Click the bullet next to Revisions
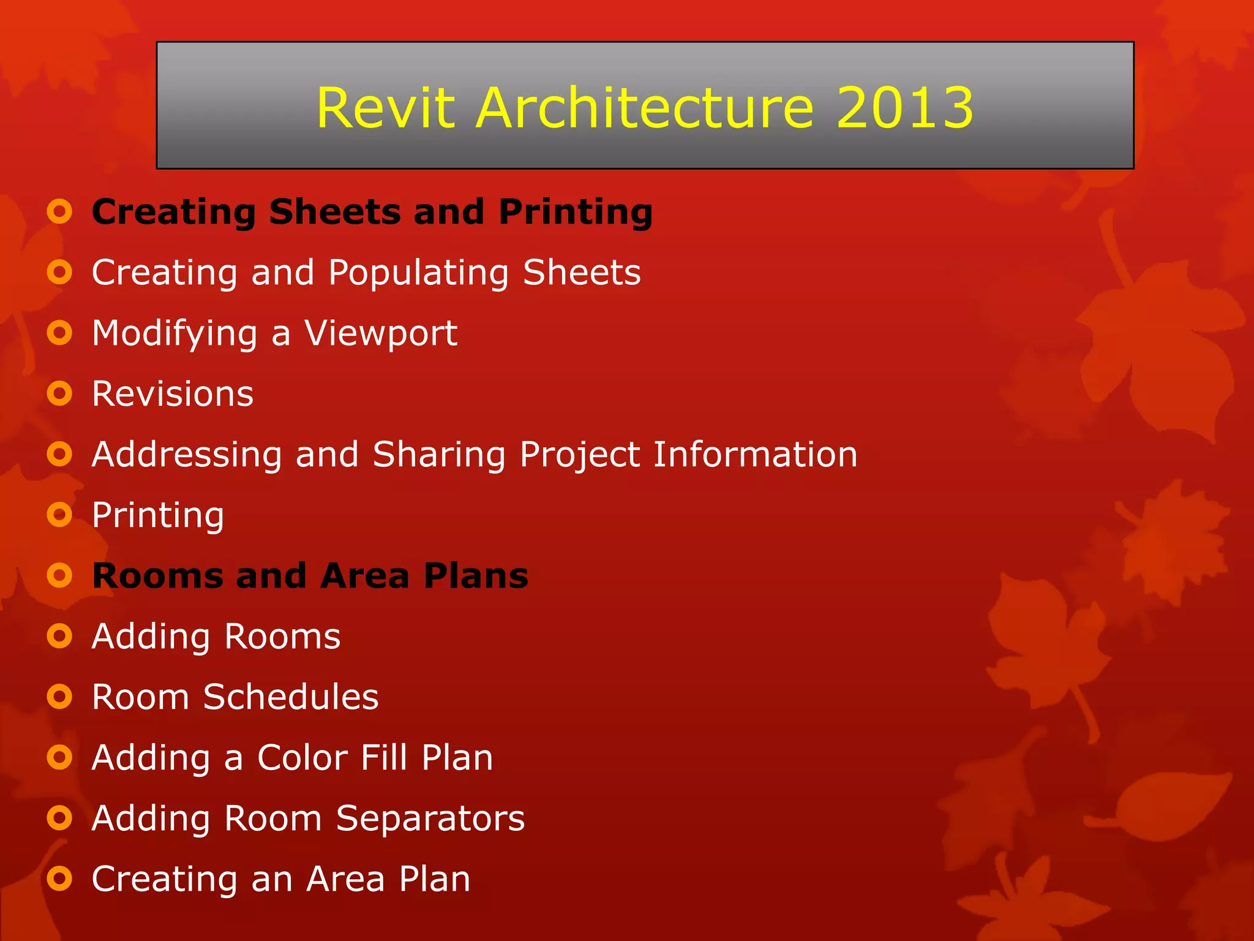coord(60,393)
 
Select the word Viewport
coord(381,333)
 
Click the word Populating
coord(418,273)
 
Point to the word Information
coord(755,455)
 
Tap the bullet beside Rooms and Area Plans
coord(60,575)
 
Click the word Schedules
coord(291,697)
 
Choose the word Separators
coord(430,818)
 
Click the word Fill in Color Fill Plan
coord(384,758)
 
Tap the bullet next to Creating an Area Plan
coord(60,879)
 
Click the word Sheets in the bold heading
coord(334,212)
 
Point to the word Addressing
coord(187,455)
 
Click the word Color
coord(302,758)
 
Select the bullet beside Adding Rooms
coord(60,636)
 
